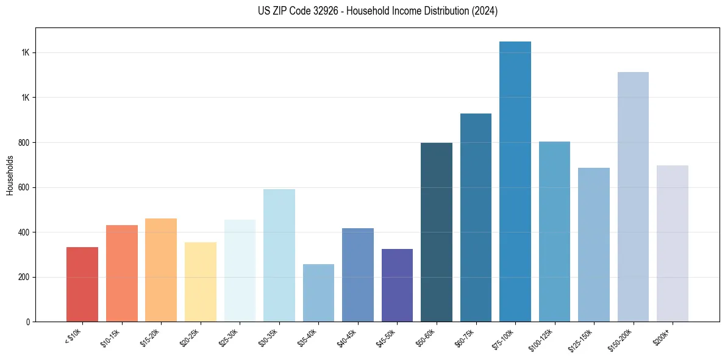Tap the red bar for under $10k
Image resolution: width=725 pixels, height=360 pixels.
pyautogui.click(x=82, y=284)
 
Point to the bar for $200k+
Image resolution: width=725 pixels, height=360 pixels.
pyautogui.click(x=672, y=243)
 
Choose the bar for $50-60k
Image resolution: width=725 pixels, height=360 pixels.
pyautogui.click(x=437, y=232)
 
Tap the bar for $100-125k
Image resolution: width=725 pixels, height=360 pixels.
pyautogui.click(x=554, y=231)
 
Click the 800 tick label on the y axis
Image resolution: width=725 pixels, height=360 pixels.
pyautogui.click(x=25, y=143)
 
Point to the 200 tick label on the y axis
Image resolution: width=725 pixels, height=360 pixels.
pyautogui.click(x=25, y=277)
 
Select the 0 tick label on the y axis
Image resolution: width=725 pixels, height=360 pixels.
pyautogui.click(x=28, y=322)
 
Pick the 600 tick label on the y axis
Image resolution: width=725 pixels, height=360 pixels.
pyautogui.click(x=25, y=187)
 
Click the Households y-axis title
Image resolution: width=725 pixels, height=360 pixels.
pyautogui.click(x=10, y=175)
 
